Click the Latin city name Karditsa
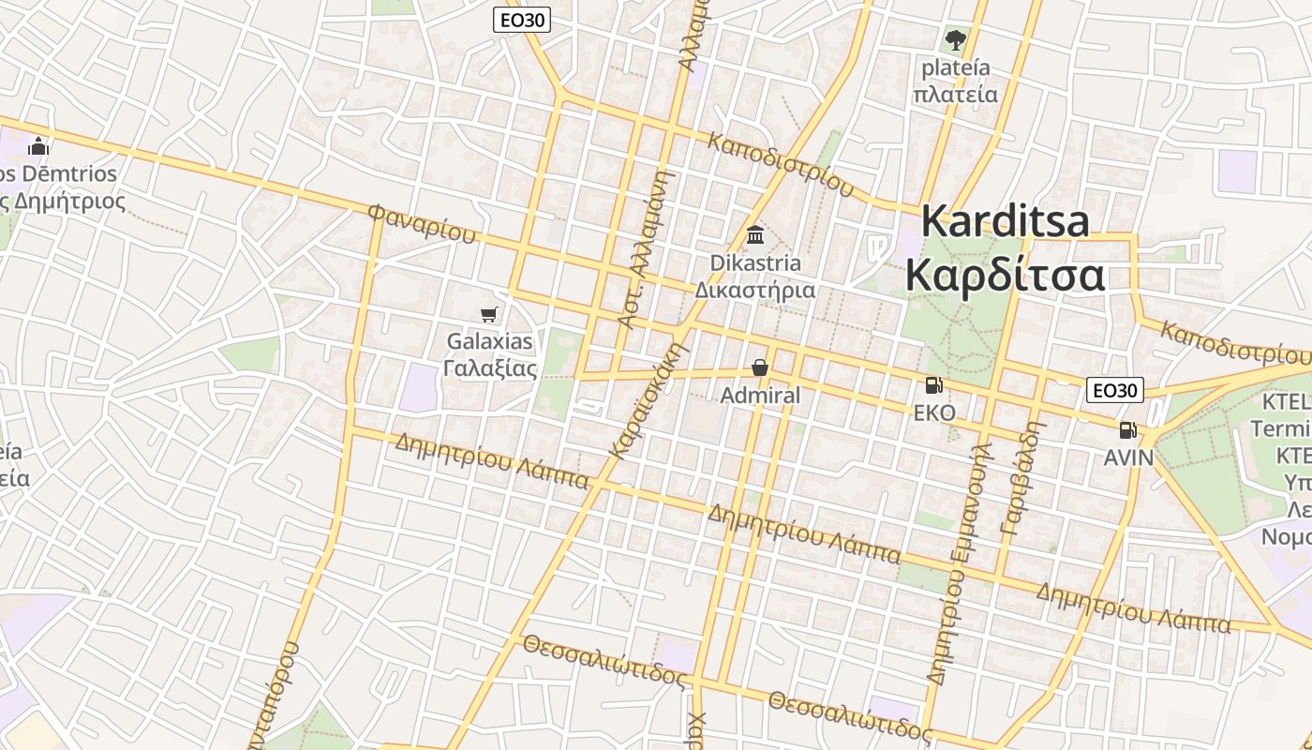[x=1006, y=222]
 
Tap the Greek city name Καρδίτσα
[x=1006, y=277]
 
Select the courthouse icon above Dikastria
[x=755, y=234]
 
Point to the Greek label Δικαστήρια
[x=755, y=290]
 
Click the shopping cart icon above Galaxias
[x=488, y=314]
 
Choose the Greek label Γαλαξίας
[x=490, y=368]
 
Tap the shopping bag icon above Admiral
[x=760, y=367]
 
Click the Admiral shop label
[x=760, y=396]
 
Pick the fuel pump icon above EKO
[x=933, y=384]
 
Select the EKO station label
[x=934, y=412]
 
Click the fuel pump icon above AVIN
[x=1127, y=430]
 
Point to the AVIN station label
[x=1128, y=457]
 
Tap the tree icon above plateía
[x=955, y=40]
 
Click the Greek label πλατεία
[x=955, y=95]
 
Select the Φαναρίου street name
[x=422, y=223]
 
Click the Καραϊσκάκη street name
[x=649, y=400]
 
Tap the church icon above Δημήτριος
[x=38, y=146]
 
